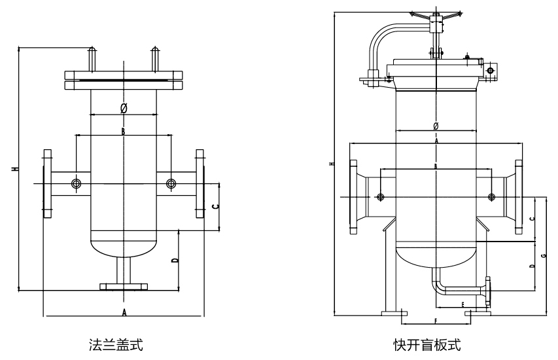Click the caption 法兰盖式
coord(116,343)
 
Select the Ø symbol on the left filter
coord(124,107)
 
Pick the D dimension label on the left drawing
coord(175,260)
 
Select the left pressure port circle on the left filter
coord(77,184)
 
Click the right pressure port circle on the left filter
coord(171,183)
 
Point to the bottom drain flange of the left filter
coord(123,285)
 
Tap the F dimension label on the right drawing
coord(435,321)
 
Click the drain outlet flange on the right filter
coord(489,292)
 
